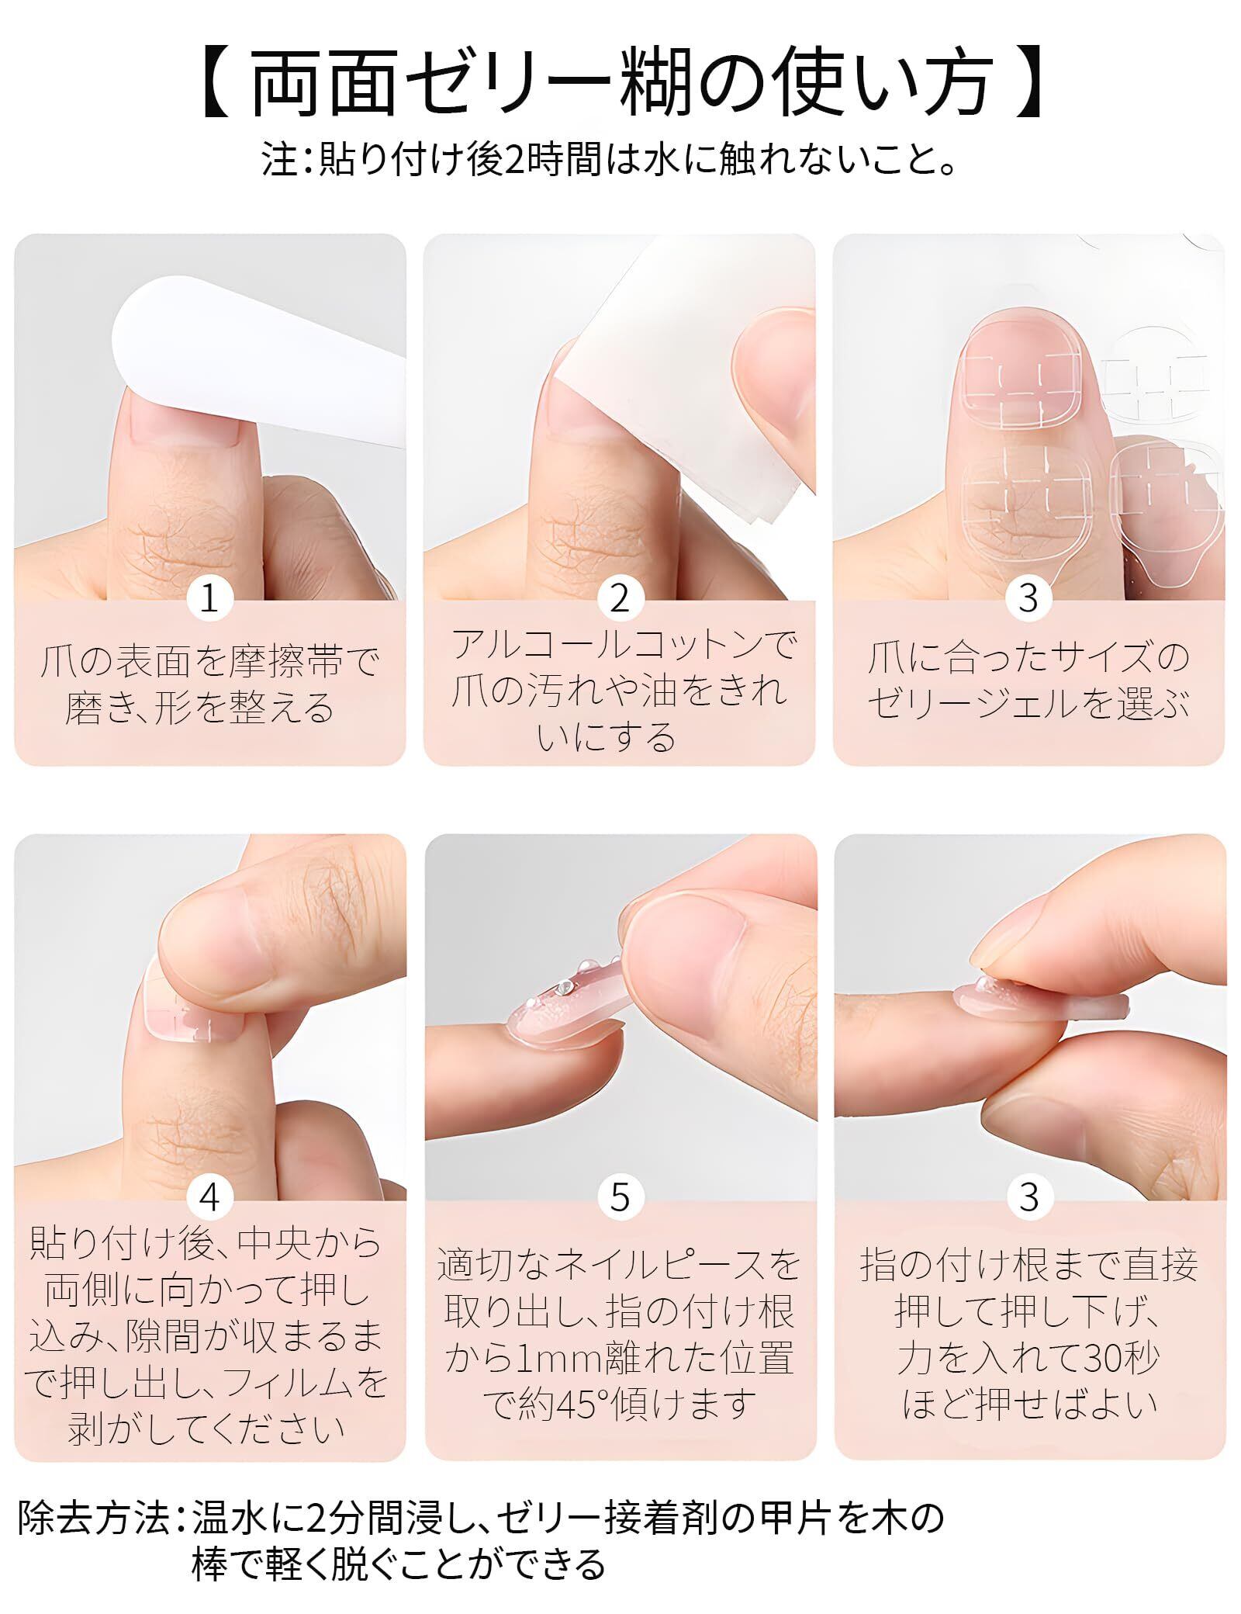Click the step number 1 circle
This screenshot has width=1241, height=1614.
[x=209, y=597]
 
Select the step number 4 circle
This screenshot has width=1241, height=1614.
[x=209, y=1198]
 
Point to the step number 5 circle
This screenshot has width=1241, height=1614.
[x=620, y=1198]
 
